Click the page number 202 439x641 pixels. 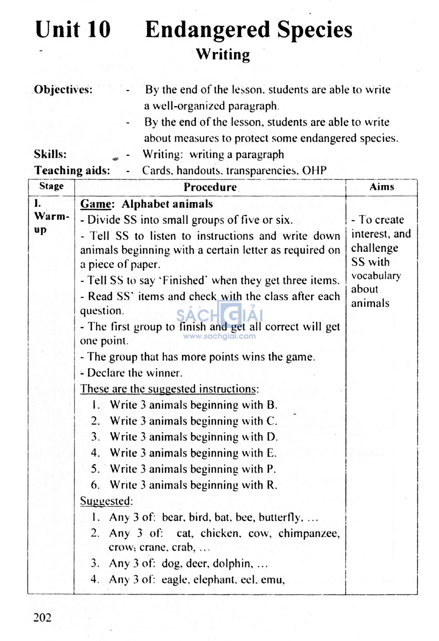(x=42, y=617)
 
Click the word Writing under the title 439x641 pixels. (x=223, y=54)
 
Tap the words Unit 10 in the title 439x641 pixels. (x=73, y=30)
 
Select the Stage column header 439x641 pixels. (x=51, y=186)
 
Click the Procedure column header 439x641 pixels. (x=210, y=187)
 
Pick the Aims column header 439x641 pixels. (x=382, y=187)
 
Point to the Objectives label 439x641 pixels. (x=63, y=90)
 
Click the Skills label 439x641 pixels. (x=50, y=154)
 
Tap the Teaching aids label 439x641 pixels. (x=72, y=170)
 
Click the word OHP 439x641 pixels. (x=314, y=170)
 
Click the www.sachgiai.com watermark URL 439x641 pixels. (x=219, y=336)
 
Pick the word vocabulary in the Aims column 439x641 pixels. (x=376, y=276)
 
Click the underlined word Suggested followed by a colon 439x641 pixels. (x=106, y=501)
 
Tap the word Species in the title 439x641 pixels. (x=314, y=30)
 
